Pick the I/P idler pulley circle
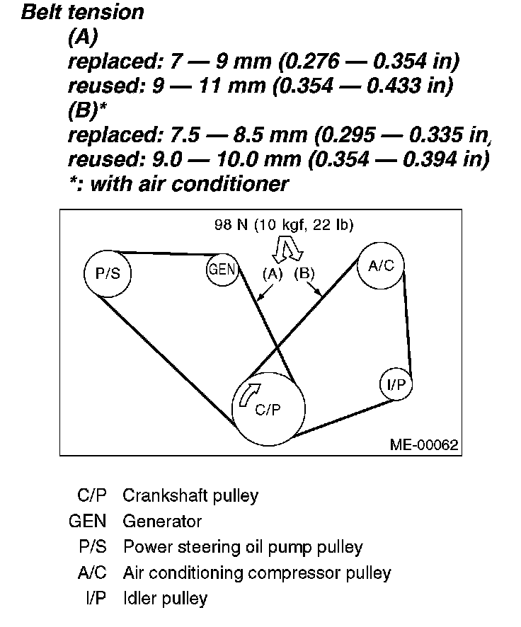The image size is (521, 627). (396, 384)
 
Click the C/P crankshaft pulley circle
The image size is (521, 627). (269, 409)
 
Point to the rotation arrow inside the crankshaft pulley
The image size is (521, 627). (248, 395)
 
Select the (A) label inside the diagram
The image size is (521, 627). (273, 273)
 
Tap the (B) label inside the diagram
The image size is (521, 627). (305, 273)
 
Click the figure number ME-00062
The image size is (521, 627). (423, 444)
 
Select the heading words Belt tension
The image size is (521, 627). (83, 12)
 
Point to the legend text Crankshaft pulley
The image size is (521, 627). (190, 495)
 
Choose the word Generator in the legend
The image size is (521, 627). (162, 522)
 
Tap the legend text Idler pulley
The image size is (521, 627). (165, 599)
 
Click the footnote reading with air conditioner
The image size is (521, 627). (188, 184)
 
